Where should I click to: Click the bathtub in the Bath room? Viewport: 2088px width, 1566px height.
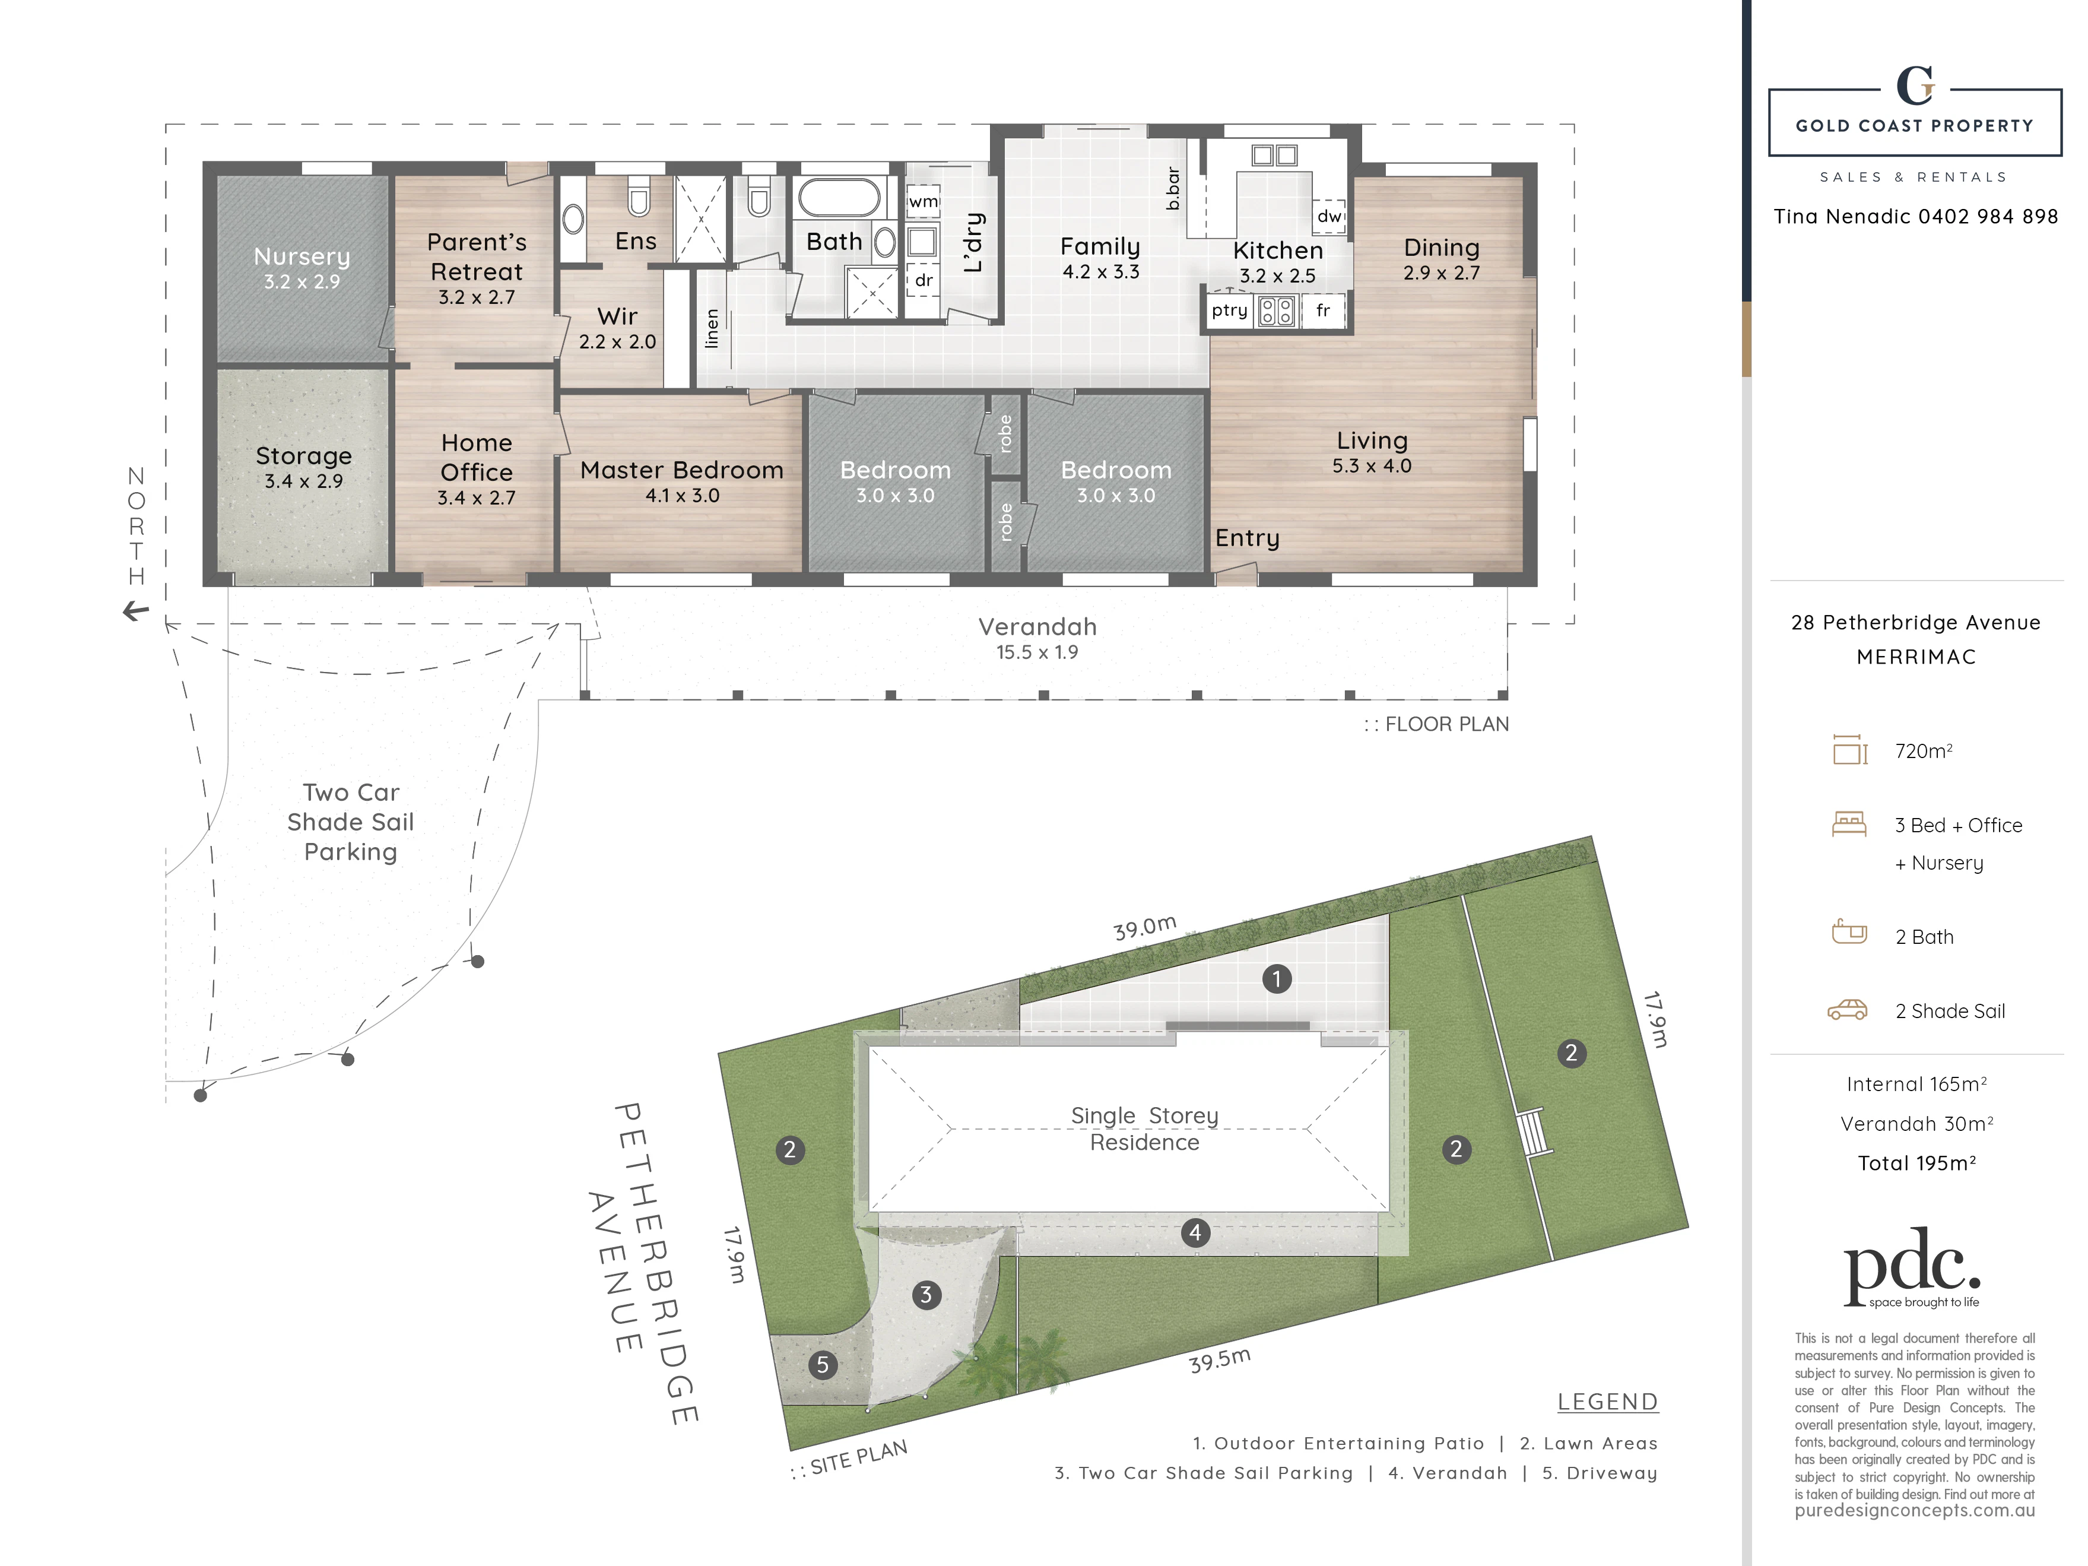pos(840,198)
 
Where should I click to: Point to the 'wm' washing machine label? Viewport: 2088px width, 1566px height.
pos(923,201)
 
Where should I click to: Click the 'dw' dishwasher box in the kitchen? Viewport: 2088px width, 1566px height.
pos(1329,215)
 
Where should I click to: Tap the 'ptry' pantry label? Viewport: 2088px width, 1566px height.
pos(1229,310)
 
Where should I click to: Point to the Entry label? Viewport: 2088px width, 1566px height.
pos(1247,538)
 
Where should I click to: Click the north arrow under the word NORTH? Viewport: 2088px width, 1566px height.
pos(136,611)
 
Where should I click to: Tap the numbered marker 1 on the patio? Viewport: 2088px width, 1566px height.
pos(1276,979)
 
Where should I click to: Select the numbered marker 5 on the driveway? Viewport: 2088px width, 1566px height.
pos(822,1365)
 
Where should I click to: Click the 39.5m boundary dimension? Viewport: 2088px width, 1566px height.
pos(1220,1360)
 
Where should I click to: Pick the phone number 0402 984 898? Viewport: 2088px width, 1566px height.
pos(1987,216)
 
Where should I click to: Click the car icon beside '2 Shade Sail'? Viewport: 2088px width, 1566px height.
pos(1847,1010)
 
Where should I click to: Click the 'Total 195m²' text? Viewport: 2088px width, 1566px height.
pos(1916,1163)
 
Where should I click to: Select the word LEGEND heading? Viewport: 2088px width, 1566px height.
pos(1607,1402)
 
